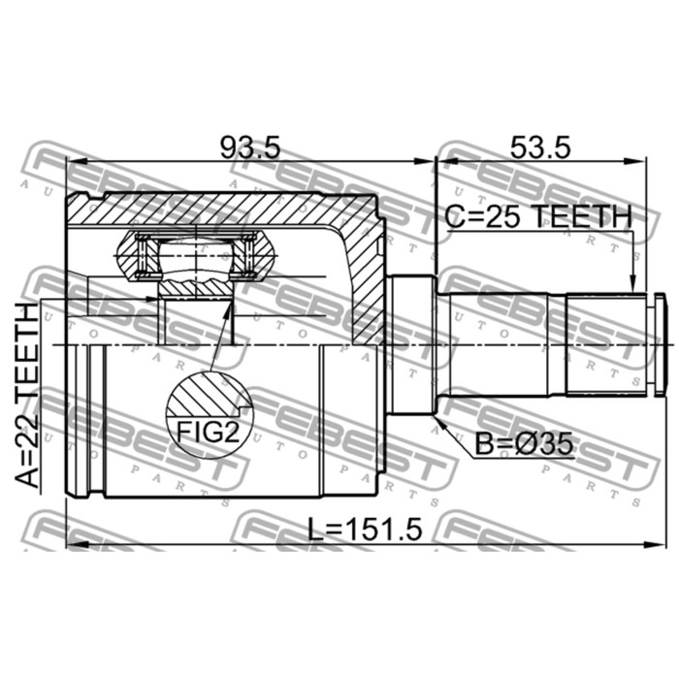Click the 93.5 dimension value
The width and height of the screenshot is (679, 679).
click(x=250, y=147)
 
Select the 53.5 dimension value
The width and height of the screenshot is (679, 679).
click(x=540, y=147)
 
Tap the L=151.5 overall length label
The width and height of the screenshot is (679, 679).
click(x=364, y=530)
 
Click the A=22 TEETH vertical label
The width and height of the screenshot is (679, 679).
click(x=27, y=396)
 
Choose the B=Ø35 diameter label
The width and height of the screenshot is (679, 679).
click(x=524, y=444)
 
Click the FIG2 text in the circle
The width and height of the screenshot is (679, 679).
click(x=208, y=433)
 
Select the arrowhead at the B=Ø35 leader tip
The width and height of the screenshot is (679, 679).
click(x=439, y=422)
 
